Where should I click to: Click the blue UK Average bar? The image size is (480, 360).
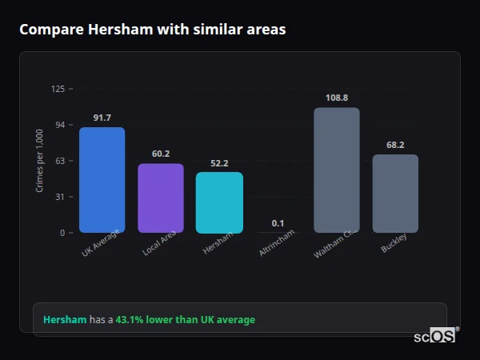click(x=102, y=180)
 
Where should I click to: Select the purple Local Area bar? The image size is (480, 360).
click(x=161, y=198)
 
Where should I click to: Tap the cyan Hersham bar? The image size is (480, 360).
click(x=219, y=202)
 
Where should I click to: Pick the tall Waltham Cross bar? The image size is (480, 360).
click(x=337, y=170)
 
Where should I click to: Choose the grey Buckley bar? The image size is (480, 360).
click(x=395, y=194)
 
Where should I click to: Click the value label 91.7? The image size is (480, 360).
click(x=102, y=118)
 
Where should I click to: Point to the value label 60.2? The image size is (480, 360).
click(x=161, y=154)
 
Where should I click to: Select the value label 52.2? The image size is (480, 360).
click(x=219, y=163)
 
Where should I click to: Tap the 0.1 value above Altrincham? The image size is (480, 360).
click(x=278, y=223)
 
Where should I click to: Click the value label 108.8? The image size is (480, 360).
click(x=337, y=98)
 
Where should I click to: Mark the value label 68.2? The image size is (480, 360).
click(x=395, y=146)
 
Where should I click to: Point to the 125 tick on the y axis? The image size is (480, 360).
click(x=58, y=89)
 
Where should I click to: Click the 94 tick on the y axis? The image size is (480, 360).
click(x=60, y=125)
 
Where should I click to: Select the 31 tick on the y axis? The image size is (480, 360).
click(x=60, y=197)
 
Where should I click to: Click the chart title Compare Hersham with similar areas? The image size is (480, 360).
click(x=152, y=30)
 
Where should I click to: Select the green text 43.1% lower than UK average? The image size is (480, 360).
click(x=185, y=320)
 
